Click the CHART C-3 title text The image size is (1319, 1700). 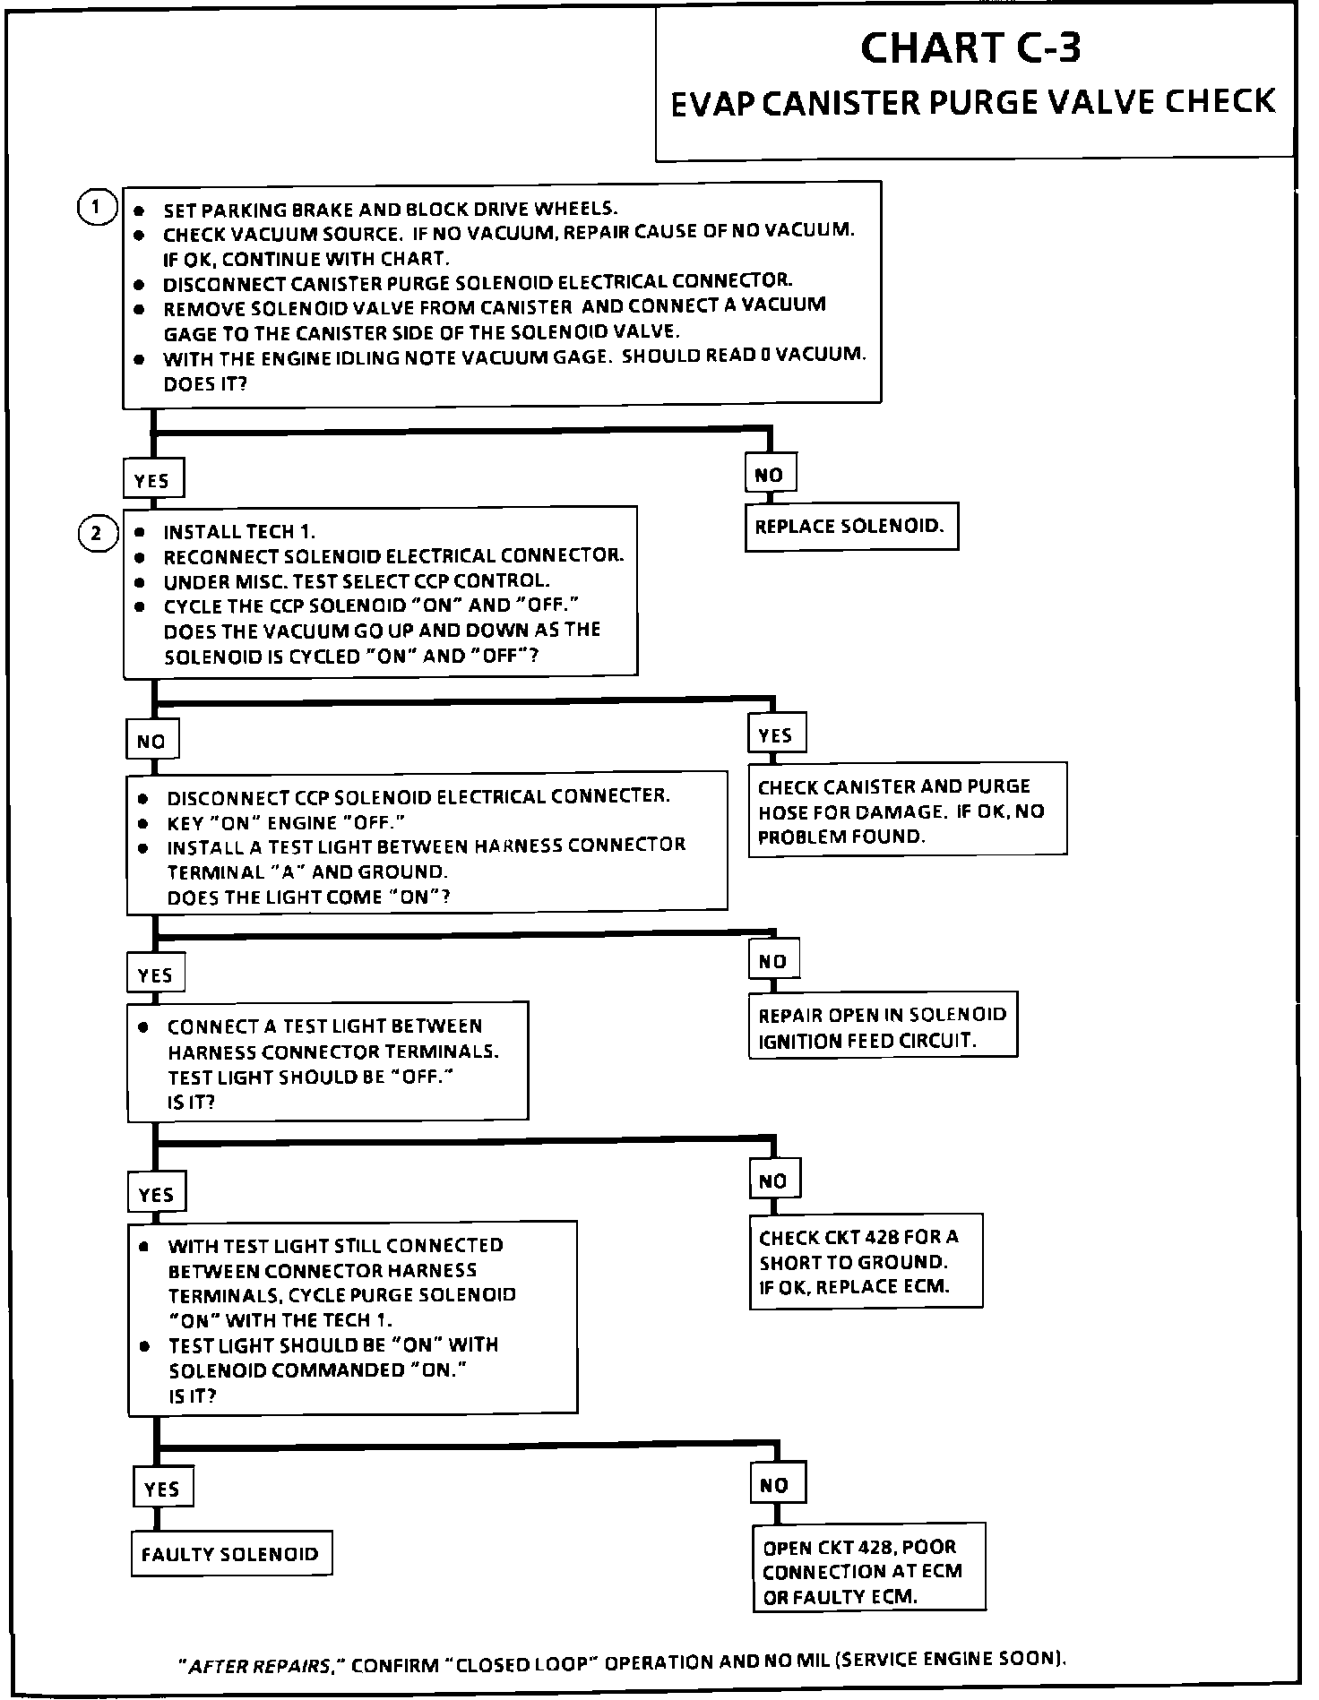pos(970,48)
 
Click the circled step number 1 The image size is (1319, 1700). pos(96,208)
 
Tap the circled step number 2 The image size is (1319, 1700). pos(96,535)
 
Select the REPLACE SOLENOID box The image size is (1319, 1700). pos(850,527)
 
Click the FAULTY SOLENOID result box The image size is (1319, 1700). pos(230,1554)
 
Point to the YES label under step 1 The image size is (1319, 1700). pos(152,480)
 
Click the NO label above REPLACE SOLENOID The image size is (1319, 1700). pos(769,475)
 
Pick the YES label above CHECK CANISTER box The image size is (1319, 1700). pos(775,735)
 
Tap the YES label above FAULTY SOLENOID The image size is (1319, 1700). pos(162,1489)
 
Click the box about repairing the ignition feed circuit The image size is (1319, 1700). pos(883,1027)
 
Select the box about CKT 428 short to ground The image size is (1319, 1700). pos(865,1262)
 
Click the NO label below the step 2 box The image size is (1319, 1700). pos(151,741)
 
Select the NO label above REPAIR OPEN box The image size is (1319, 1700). pos(772,961)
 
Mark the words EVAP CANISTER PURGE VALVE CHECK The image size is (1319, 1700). pos(973,102)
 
